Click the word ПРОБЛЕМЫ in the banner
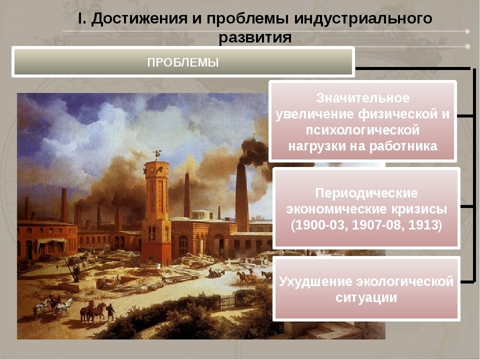tap(183, 62)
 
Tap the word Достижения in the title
tap(139, 18)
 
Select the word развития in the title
tap(255, 37)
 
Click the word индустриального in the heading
tap(363, 19)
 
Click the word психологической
tap(363, 130)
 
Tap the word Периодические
tap(366, 193)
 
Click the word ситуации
tap(366, 297)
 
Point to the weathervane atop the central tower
tap(156, 154)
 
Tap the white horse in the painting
tap(64, 307)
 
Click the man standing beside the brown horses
tap(110, 312)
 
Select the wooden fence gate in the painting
tap(227, 302)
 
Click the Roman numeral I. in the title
tap(81, 18)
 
